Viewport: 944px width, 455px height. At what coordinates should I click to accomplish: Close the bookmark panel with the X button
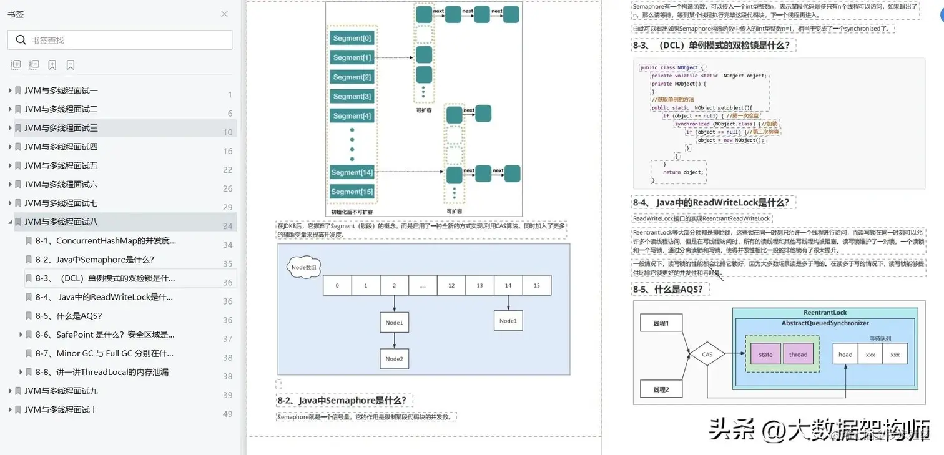[225, 14]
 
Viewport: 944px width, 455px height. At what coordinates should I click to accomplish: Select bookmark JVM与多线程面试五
[61, 165]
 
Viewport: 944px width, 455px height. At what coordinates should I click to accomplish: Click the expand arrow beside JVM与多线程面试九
[10, 391]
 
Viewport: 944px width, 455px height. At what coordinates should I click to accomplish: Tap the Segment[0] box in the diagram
[352, 38]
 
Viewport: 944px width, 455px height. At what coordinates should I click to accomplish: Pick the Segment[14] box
[352, 172]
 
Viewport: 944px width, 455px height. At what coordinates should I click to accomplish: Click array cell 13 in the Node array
[479, 285]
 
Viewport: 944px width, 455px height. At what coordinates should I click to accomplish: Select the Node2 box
[394, 359]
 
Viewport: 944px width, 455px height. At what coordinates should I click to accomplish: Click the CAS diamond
[707, 355]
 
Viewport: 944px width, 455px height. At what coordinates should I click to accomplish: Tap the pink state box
[765, 355]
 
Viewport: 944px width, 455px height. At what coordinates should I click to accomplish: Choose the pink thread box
[798, 355]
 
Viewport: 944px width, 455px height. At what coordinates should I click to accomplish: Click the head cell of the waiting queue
[845, 355]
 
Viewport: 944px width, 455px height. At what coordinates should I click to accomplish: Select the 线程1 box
[661, 323]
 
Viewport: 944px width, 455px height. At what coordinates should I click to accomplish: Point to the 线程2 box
[661, 389]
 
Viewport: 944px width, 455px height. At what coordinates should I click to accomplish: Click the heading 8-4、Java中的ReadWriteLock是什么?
[711, 202]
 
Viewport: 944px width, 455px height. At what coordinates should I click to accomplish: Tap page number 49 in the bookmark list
[227, 414]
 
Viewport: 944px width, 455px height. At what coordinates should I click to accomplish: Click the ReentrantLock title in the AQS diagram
[825, 312]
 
